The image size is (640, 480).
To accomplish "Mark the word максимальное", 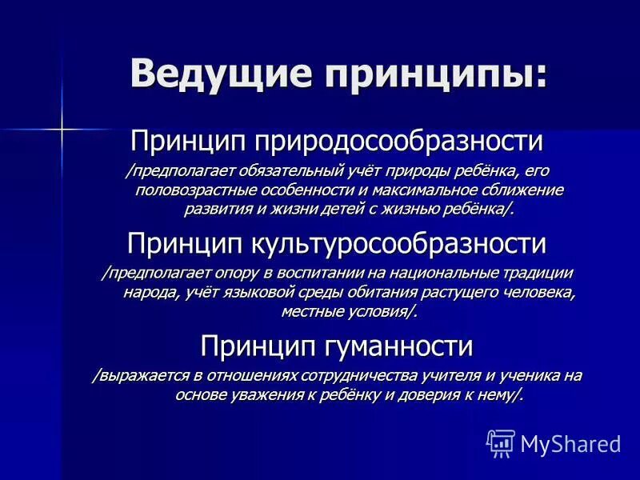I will point(413,190).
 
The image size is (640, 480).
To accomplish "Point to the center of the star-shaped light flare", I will point(60,128).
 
